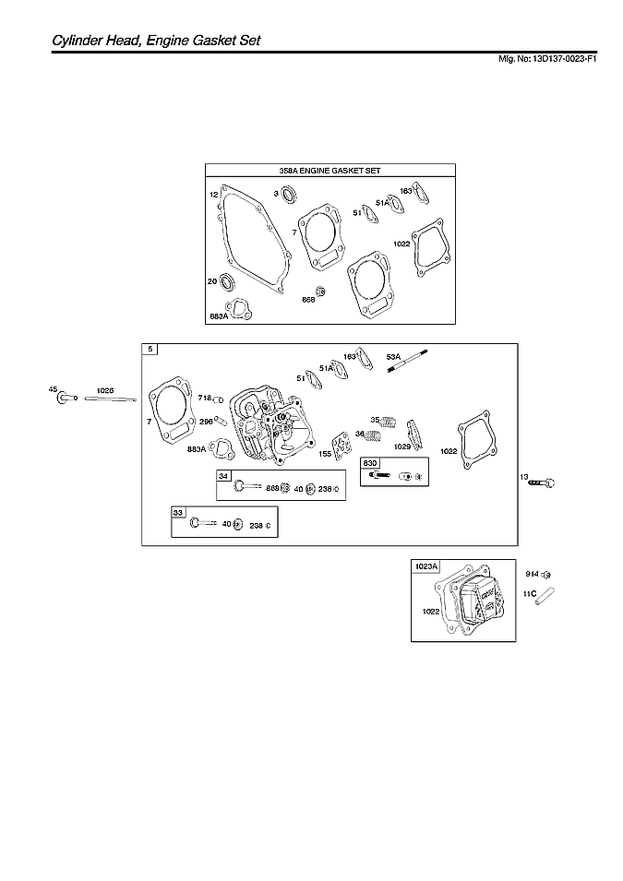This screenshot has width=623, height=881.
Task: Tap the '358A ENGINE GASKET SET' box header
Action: [329, 171]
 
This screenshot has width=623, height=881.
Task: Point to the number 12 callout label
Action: [213, 195]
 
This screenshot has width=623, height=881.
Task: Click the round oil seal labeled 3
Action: [289, 194]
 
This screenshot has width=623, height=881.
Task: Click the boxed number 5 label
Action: [150, 349]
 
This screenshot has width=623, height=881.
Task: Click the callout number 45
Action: [53, 389]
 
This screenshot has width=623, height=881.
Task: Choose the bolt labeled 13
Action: [543, 482]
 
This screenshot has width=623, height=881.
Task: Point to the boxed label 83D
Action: [370, 462]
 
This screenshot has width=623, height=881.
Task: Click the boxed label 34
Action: [223, 475]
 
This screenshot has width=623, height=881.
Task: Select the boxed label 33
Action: [178, 511]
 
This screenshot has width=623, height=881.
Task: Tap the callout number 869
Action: [272, 488]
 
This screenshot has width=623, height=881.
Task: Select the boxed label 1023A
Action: [426, 566]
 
